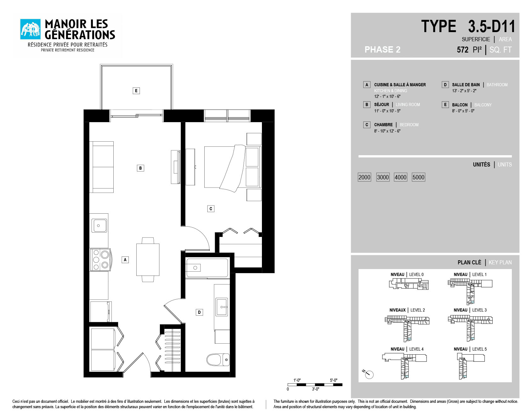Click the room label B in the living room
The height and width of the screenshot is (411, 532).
140,168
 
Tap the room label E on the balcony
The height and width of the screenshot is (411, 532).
136,91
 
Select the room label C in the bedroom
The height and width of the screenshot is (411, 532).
211,209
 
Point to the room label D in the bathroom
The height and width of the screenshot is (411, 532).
199,312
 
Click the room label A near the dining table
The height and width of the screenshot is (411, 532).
125,260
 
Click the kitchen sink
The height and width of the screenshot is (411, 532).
99,226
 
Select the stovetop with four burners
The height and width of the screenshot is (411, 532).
100,260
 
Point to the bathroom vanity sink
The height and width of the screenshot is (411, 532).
222,307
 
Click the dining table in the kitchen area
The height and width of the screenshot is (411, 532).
148,259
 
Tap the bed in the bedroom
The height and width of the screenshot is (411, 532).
233,167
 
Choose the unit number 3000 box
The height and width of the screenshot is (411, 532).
383,177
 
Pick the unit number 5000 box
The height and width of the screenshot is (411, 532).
418,177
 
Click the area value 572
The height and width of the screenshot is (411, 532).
462,50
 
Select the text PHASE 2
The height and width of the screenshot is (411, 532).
382,50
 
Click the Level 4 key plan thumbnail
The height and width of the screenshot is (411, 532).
405,365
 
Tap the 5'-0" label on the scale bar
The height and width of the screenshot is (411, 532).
333,380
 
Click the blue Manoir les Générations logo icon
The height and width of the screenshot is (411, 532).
31,29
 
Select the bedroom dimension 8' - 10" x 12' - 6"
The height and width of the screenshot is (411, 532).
387,131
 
